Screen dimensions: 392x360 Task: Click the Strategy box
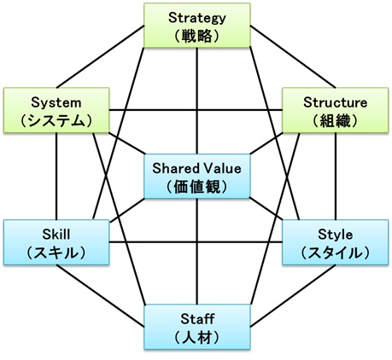tap(197, 26)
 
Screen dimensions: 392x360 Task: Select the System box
tap(56, 110)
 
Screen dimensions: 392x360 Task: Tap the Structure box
tap(335, 110)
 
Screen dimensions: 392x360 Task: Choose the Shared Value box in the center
tap(197, 177)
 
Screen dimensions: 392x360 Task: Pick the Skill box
tap(56, 242)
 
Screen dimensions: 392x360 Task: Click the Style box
tap(335, 242)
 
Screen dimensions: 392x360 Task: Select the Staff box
tap(197, 327)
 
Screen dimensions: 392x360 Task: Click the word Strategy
tap(197, 18)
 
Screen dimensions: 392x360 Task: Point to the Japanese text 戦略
tap(197, 36)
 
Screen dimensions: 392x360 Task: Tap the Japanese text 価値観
tap(197, 187)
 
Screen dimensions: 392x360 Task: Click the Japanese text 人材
tap(197, 338)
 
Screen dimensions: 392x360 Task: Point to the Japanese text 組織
tap(335, 121)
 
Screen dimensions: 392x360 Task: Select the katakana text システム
tap(56, 121)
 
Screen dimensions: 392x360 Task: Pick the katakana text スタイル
tap(335, 253)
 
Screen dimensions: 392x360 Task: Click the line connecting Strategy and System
tap(100, 57)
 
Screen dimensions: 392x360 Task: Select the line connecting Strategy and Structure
tap(293, 57)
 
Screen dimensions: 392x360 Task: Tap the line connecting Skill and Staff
tap(100, 296)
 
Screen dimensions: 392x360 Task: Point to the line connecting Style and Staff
tap(293, 296)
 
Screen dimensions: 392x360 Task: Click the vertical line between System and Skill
tap(56, 177)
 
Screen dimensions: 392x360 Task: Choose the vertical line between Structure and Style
tap(336, 177)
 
